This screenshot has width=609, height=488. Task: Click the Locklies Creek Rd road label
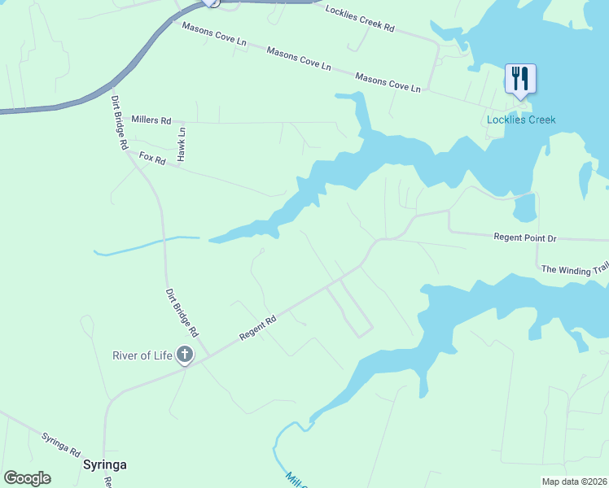point(359,19)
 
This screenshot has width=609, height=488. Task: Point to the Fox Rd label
point(152,159)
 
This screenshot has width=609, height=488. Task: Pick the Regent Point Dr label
point(525,238)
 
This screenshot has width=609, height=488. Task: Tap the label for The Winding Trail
point(575,269)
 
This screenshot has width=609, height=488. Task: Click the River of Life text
point(142,355)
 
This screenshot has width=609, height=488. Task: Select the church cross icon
point(185,355)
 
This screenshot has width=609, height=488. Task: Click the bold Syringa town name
point(104,464)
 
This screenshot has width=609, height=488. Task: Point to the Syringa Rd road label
point(61,443)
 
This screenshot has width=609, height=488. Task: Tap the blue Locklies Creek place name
point(521,120)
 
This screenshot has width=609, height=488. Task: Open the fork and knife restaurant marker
point(520,79)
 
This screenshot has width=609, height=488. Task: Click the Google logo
point(27,477)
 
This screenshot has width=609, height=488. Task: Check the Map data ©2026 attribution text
point(573,481)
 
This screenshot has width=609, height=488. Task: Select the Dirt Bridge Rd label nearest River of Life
point(182,312)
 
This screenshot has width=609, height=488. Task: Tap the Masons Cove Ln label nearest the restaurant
point(388,81)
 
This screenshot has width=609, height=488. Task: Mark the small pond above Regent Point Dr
point(525,207)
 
